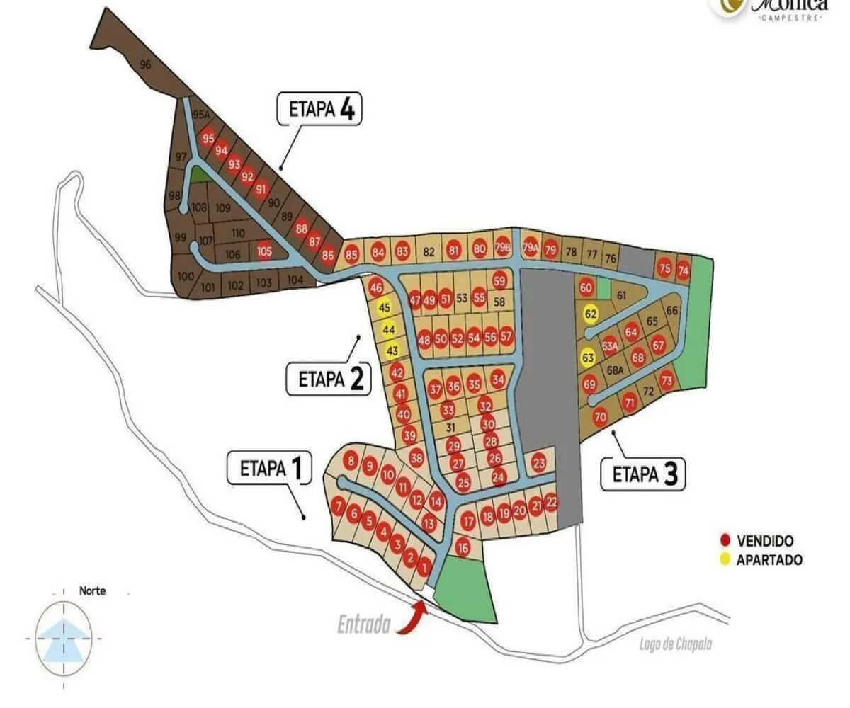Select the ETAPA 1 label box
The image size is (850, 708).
click(x=268, y=469)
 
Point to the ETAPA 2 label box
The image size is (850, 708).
click(x=328, y=379)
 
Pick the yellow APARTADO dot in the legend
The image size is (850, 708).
click(x=725, y=560)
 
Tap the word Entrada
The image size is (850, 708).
click(x=363, y=626)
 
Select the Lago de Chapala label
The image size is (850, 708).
click(x=674, y=644)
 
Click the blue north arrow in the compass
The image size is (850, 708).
click(x=64, y=637)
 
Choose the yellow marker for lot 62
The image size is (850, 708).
click(x=590, y=312)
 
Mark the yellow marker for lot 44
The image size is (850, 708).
click(x=388, y=329)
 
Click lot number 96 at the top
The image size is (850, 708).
click(x=146, y=65)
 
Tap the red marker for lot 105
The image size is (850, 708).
click(x=264, y=251)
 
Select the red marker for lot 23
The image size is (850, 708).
click(x=539, y=464)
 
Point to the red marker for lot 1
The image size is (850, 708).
click(x=424, y=566)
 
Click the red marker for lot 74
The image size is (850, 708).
click(x=683, y=270)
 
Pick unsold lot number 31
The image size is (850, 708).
click(x=450, y=427)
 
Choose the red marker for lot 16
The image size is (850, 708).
click(x=463, y=547)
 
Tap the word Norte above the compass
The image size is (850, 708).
click(x=92, y=590)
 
